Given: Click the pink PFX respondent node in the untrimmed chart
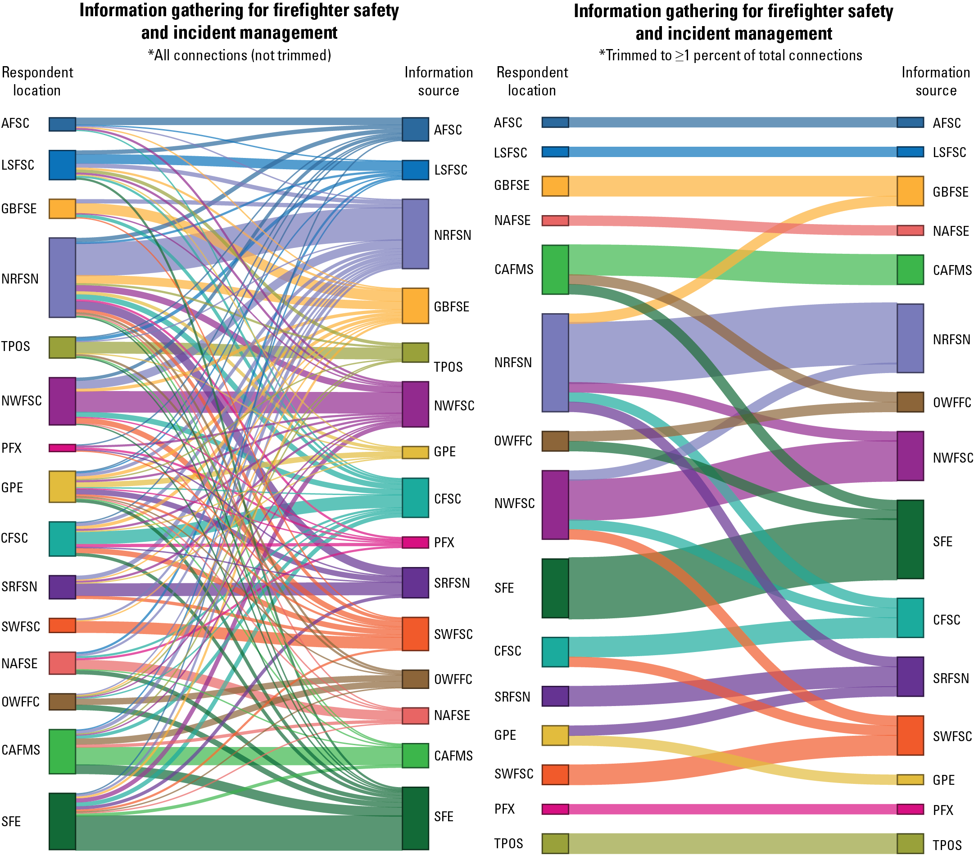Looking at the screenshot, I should (62, 448).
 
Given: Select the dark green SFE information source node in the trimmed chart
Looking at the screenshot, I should (910, 539).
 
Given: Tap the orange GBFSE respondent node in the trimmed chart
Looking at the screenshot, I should (555, 186).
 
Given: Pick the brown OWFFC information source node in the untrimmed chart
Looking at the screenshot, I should (415, 679).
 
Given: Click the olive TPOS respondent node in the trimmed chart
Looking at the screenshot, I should (555, 844).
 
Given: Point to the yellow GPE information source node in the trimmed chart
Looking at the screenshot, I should (910, 780).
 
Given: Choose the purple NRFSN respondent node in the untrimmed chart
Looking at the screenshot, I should (62, 278).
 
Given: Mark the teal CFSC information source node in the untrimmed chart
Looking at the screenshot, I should (415, 498).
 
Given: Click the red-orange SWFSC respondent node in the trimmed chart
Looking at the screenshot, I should (555, 774).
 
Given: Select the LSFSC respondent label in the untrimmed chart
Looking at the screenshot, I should (18, 165).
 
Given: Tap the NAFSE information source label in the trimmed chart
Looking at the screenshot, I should (951, 231).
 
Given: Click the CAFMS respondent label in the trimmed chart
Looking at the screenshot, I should (514, 270).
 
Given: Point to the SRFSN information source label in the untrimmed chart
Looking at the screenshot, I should (452, 583).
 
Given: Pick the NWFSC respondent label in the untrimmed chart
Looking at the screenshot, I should (22, 400).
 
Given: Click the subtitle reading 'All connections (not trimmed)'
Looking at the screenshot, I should (239, 55).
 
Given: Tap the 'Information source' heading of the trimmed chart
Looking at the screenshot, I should (935, 81).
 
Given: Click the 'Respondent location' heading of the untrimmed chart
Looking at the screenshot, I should (37, 81).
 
